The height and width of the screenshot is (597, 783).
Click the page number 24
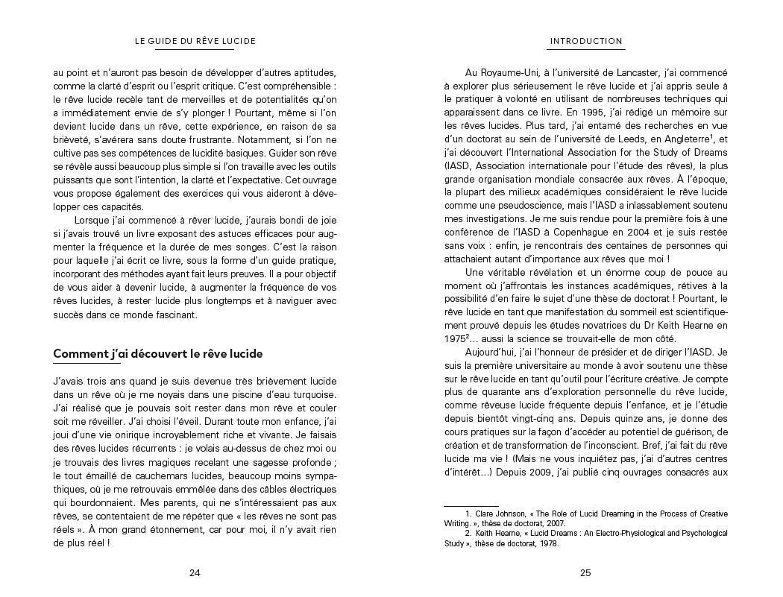point(195,573)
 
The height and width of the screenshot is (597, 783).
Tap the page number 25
point(585,573)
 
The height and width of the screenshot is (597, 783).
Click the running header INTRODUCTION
point(585,41)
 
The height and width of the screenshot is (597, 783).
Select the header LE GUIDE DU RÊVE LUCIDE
point(195,41)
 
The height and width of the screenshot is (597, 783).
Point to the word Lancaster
point(635,72)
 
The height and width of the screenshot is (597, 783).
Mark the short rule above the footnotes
point(471,506)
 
